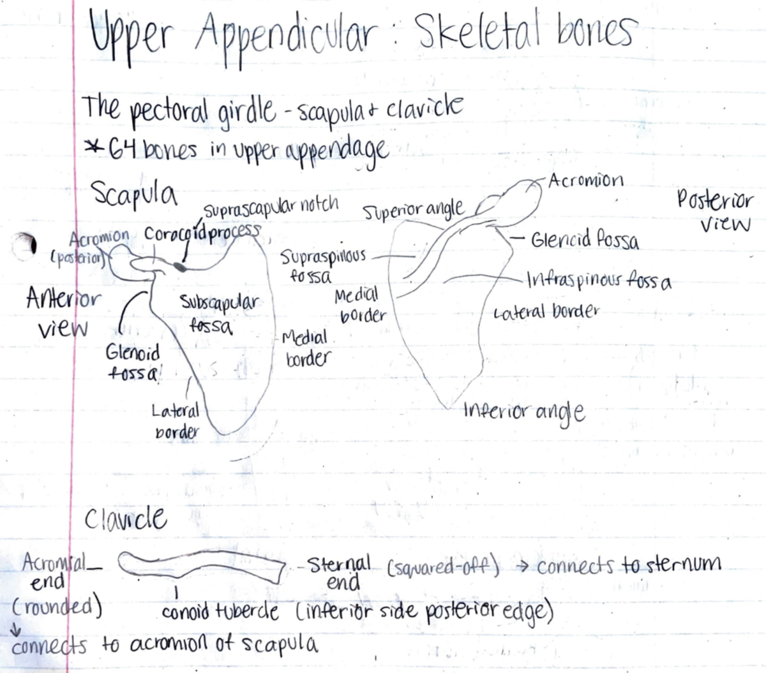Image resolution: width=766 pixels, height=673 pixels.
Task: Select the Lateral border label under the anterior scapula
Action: (176, 420)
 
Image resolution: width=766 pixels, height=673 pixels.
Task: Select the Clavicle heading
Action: (126, 517)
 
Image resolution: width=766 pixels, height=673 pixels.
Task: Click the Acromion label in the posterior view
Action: (585, 181)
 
